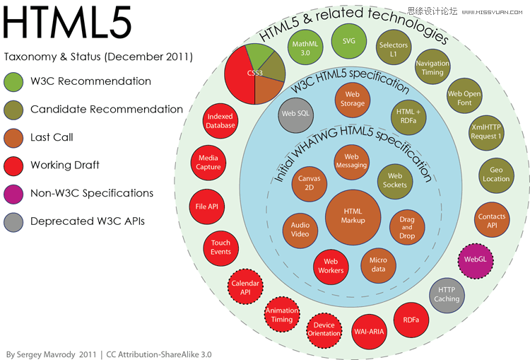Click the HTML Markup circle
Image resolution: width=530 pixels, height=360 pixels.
(x=353, y=217)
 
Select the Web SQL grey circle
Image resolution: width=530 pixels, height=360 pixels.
(x=296, y=115)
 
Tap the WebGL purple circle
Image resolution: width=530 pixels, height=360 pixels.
(x=476, y=260)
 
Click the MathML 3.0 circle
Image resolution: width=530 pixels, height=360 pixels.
(x=305, y=47)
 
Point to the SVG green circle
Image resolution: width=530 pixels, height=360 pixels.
(x=349, y=41)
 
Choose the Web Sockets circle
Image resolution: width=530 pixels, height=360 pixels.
(x=395, y=181)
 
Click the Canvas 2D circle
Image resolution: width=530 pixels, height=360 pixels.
(x=310, y=184)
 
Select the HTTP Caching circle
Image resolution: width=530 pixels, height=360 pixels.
(x=447, y=295)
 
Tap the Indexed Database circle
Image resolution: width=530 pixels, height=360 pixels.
(x=220, y=121)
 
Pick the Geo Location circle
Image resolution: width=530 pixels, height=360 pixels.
(x=496, y=175)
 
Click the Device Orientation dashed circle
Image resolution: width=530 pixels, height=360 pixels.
(x=324, y=330)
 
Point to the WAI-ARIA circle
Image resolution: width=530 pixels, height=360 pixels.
(x=369, y=332)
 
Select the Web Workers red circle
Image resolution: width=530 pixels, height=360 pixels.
(x=331, y=266)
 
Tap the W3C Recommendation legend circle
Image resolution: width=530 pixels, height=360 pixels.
(x=13, y=82)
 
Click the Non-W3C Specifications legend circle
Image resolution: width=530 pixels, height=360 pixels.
(x=13, y=194)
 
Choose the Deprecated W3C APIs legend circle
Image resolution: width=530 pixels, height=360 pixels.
(x=13, y=222)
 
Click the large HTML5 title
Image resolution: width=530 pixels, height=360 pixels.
(x=67, y=23)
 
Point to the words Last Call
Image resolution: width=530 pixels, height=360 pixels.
(x=52, y=137)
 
